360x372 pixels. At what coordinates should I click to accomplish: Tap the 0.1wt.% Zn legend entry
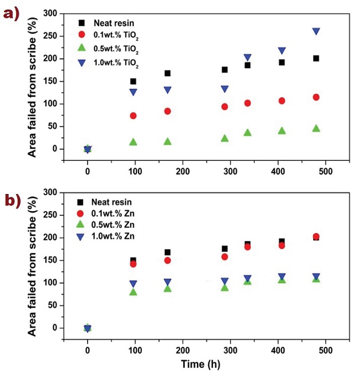[112, 214]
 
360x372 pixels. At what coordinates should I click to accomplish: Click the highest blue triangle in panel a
[316, 31]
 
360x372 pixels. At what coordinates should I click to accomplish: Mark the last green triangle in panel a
[316, 128]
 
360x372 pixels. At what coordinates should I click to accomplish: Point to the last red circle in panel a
[316, 97]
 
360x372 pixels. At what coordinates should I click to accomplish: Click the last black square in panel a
[316, 58]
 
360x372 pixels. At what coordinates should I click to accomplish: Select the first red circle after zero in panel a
[133, 116]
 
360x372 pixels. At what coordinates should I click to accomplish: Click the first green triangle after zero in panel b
[133, 292]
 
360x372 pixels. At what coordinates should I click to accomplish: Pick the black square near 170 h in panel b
[168, 252]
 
